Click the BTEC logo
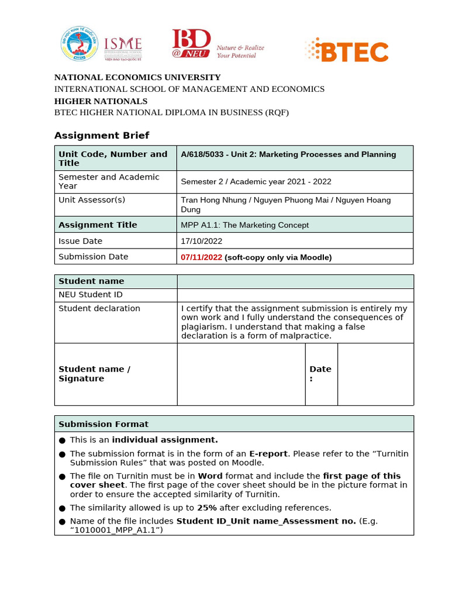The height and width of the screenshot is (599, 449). click(x=347, y=50)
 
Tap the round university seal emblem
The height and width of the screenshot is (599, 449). click(x=78, y=44)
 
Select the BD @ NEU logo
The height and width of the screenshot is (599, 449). click(x=191, y=44)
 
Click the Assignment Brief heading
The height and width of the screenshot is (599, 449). click(x=102, y=136)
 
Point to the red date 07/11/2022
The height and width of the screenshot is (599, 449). click(x=201, y=257)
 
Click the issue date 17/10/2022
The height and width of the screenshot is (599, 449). click(x=202, y=241)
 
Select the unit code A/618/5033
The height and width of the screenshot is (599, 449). click(x=202, y=154)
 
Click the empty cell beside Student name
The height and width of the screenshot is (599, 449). click(x=295, y=281)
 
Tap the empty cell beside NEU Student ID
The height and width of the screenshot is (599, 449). click(x=295, y=295)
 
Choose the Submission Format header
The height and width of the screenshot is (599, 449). click(x=103, y=424)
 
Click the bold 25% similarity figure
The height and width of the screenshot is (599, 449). click(x=207, y=508)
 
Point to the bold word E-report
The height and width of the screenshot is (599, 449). click(x=268, y=454)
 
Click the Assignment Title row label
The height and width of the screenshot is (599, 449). click(x=98, y=225)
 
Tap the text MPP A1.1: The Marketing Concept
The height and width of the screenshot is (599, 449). click(x=244, y=225)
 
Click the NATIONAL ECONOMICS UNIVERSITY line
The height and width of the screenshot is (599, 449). click(x=137, y=77)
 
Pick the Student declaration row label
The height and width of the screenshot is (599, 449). click(x=99, y=308)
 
